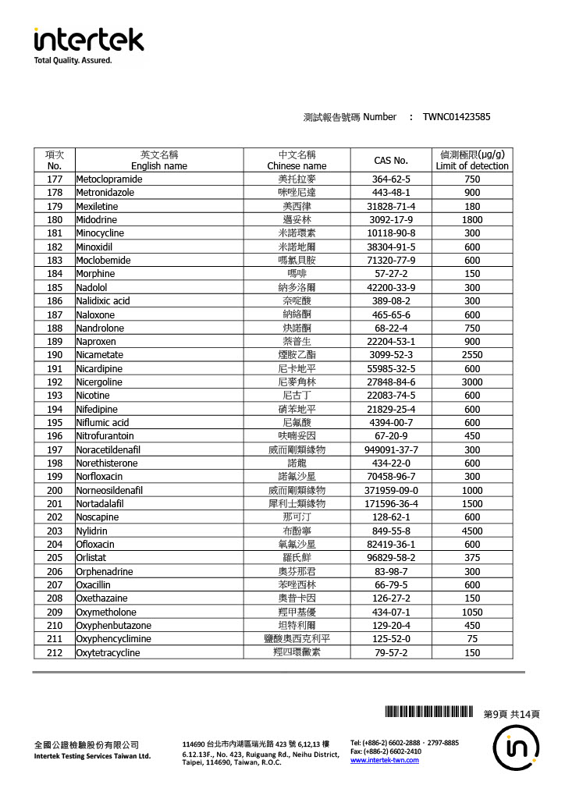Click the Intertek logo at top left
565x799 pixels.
[88, 44]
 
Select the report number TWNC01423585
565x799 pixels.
[457, 117]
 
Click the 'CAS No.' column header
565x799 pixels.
[391, 160]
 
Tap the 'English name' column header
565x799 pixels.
[159, 165]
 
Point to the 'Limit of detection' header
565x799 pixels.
[472, 165]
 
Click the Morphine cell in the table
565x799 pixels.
[95, 274]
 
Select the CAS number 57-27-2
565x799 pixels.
[391, 274]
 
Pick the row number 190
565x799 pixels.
[55, 355]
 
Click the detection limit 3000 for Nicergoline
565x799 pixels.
[472, 382]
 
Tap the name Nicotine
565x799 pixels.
[93, 396]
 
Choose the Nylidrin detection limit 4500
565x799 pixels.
[472, 531]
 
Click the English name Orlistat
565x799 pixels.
[92, 558]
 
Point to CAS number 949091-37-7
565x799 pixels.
[391, 450]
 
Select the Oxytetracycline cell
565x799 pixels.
[108, 652]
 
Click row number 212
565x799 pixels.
[55, 652]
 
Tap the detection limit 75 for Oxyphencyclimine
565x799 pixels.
[472, 639]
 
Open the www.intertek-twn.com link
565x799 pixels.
[385, 760]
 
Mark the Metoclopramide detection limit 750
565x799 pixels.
[472, 179]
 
